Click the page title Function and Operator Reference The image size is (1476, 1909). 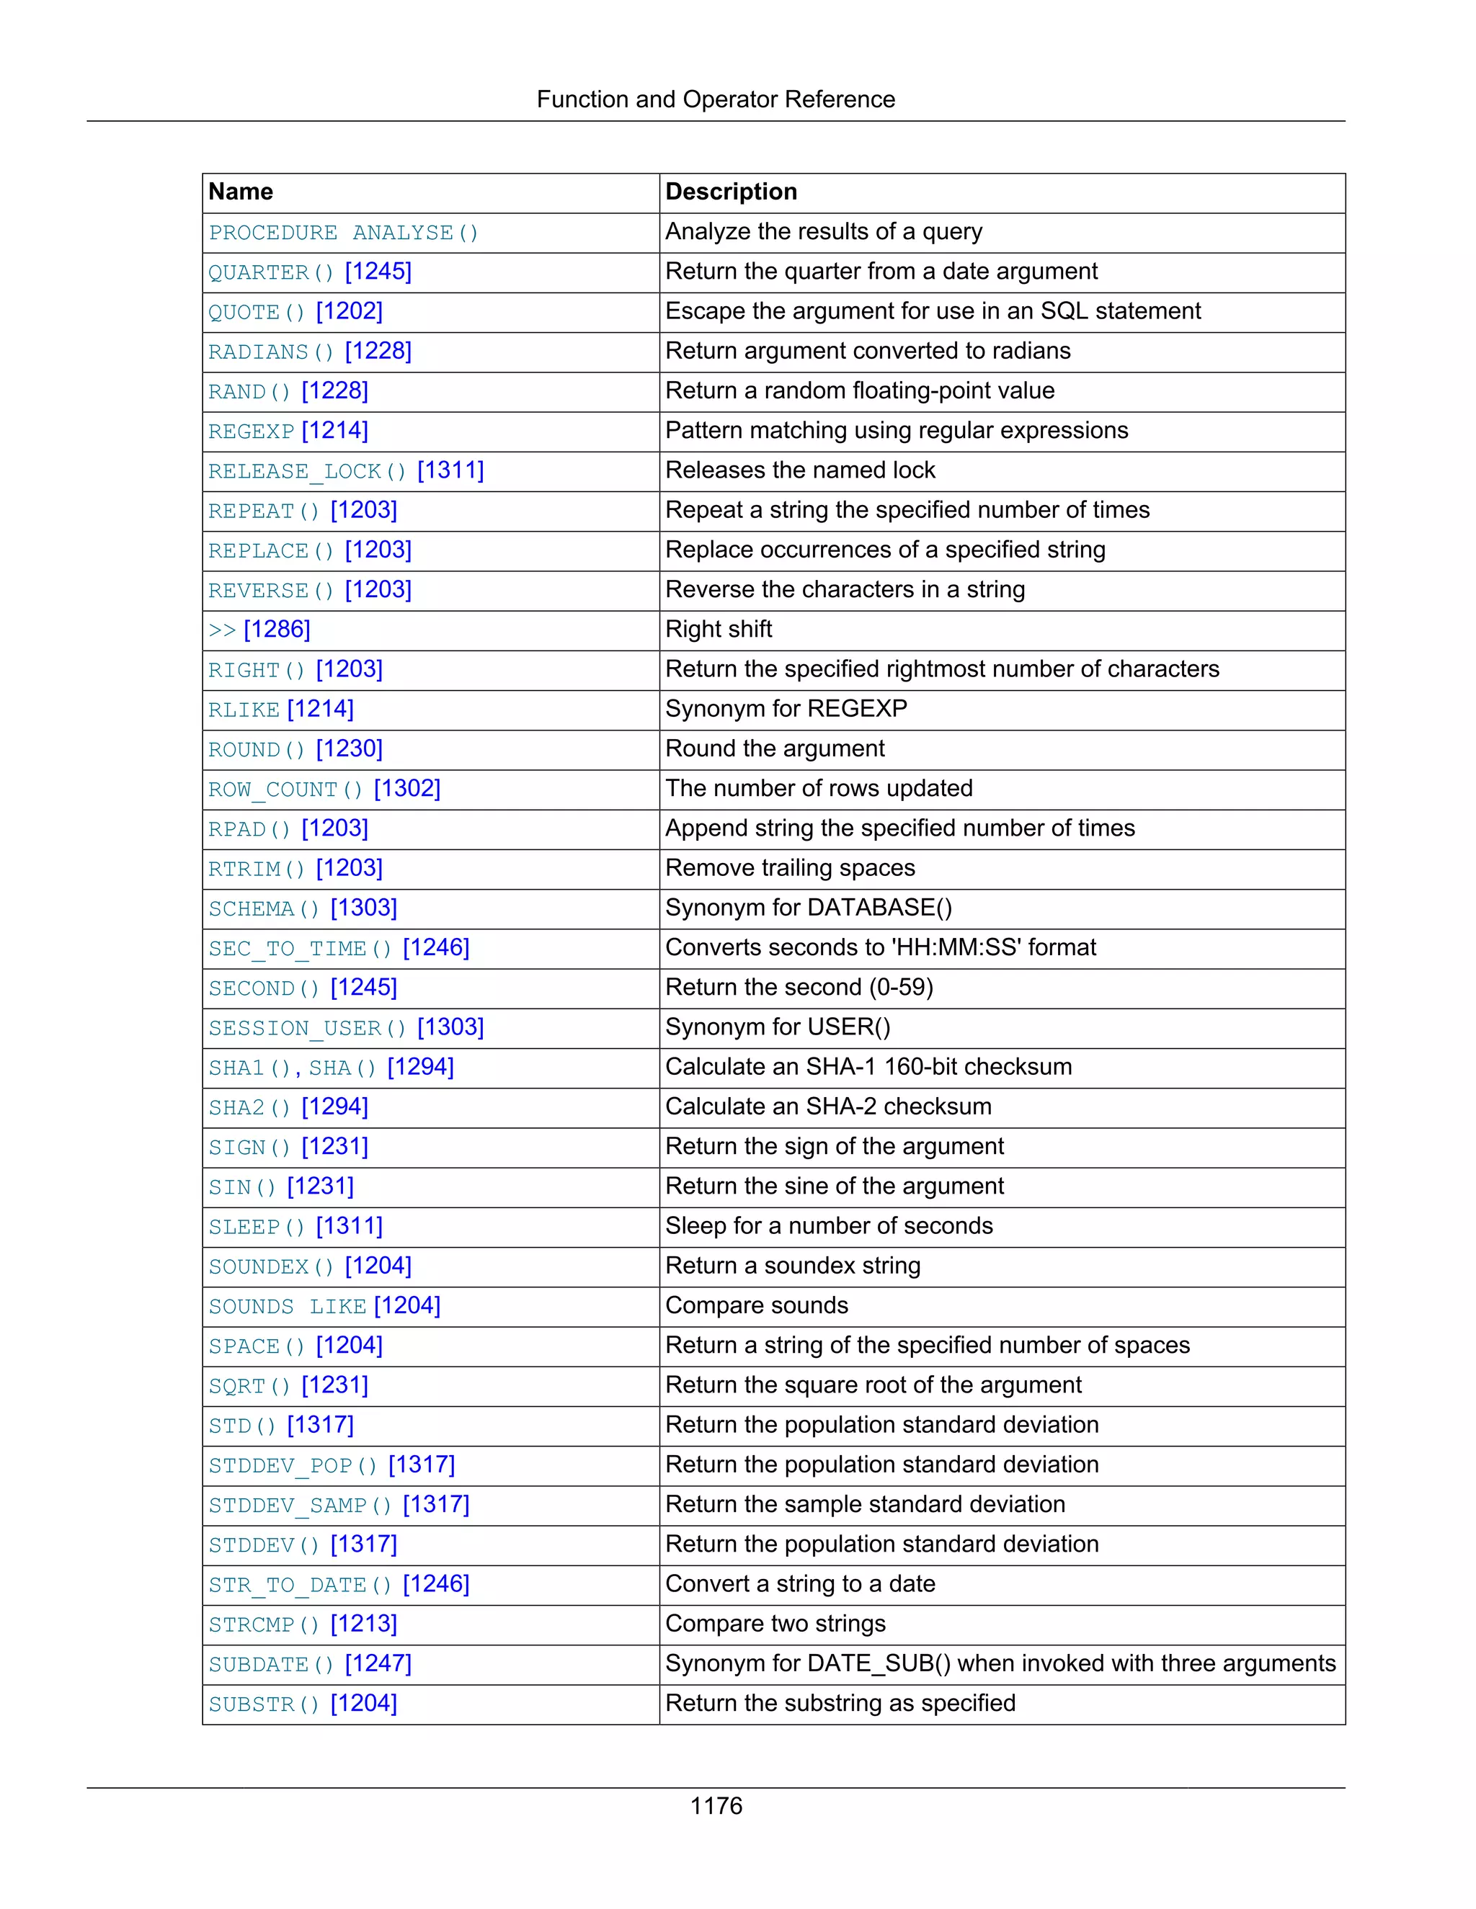tap(715, 99)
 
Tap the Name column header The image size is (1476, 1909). tap(241, 192)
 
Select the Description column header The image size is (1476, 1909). tap(731, 192)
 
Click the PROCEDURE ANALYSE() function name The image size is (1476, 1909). tap(343, 233)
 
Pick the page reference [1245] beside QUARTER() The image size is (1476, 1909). tap(378, 272)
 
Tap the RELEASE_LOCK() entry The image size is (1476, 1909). tap(308, 471)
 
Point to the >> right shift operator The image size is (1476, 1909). tap(222, 630)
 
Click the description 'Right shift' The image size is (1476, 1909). tap(719, 630)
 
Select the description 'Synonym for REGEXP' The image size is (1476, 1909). tap(786, 709)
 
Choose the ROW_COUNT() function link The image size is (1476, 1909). tap(285, 790)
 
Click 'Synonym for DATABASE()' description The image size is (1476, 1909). tap(809, 908)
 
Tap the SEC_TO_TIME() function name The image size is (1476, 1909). tap(300, 949)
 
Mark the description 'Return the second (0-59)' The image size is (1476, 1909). tap(799, 988)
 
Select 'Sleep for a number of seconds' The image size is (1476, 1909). tap(829, 1226)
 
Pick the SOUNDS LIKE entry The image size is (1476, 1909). tap(287, 1307)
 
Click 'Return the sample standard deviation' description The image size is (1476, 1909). tap(865, 1505)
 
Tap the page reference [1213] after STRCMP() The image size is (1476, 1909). tap(364, 1624)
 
